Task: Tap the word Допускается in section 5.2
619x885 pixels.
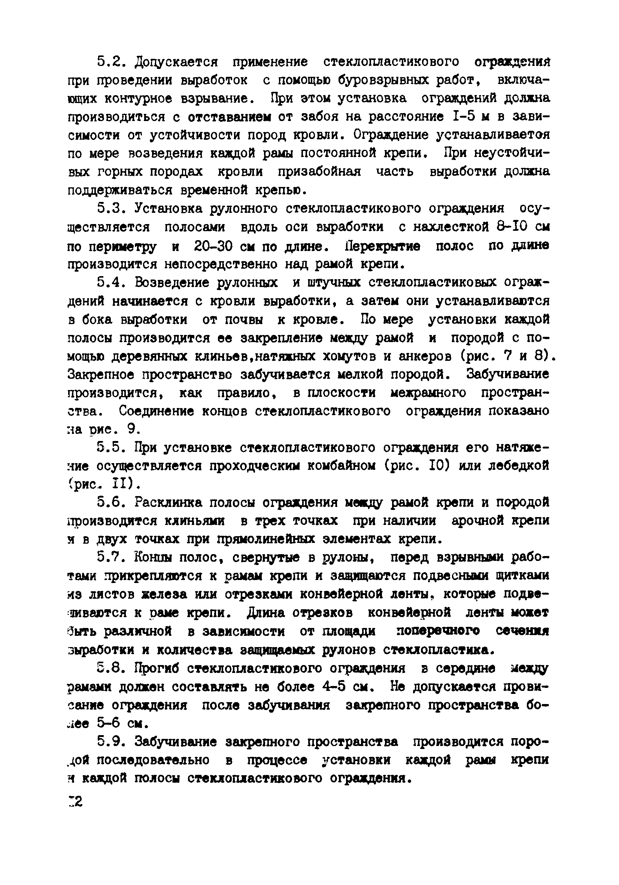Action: point(177,62)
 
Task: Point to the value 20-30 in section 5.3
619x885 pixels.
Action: point(214,245)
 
